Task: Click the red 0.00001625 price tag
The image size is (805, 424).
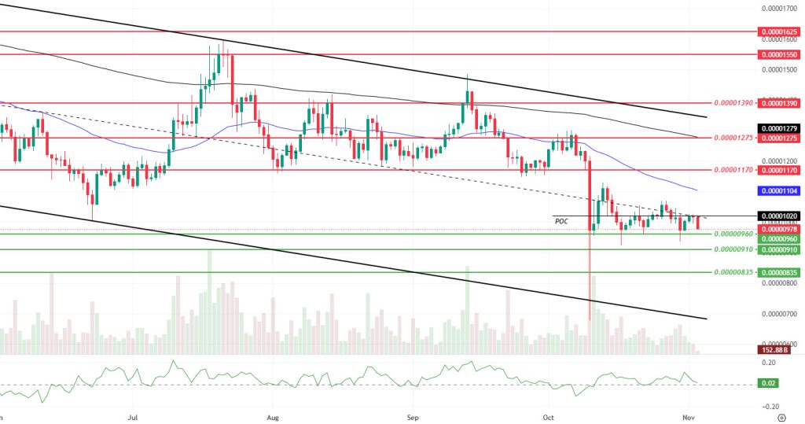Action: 779,31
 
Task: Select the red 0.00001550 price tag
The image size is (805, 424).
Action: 779,55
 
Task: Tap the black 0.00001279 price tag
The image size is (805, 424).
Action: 779,128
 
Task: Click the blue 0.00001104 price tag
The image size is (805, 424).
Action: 779,190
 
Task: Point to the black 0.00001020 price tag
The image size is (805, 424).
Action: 779,216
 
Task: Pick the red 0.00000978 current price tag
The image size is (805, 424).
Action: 779,229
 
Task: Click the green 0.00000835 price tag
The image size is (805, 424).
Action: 779,272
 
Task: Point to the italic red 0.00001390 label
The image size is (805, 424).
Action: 733,103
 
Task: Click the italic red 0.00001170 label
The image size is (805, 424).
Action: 733,170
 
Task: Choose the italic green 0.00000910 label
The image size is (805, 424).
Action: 733,249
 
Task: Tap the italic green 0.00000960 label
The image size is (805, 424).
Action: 733,234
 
